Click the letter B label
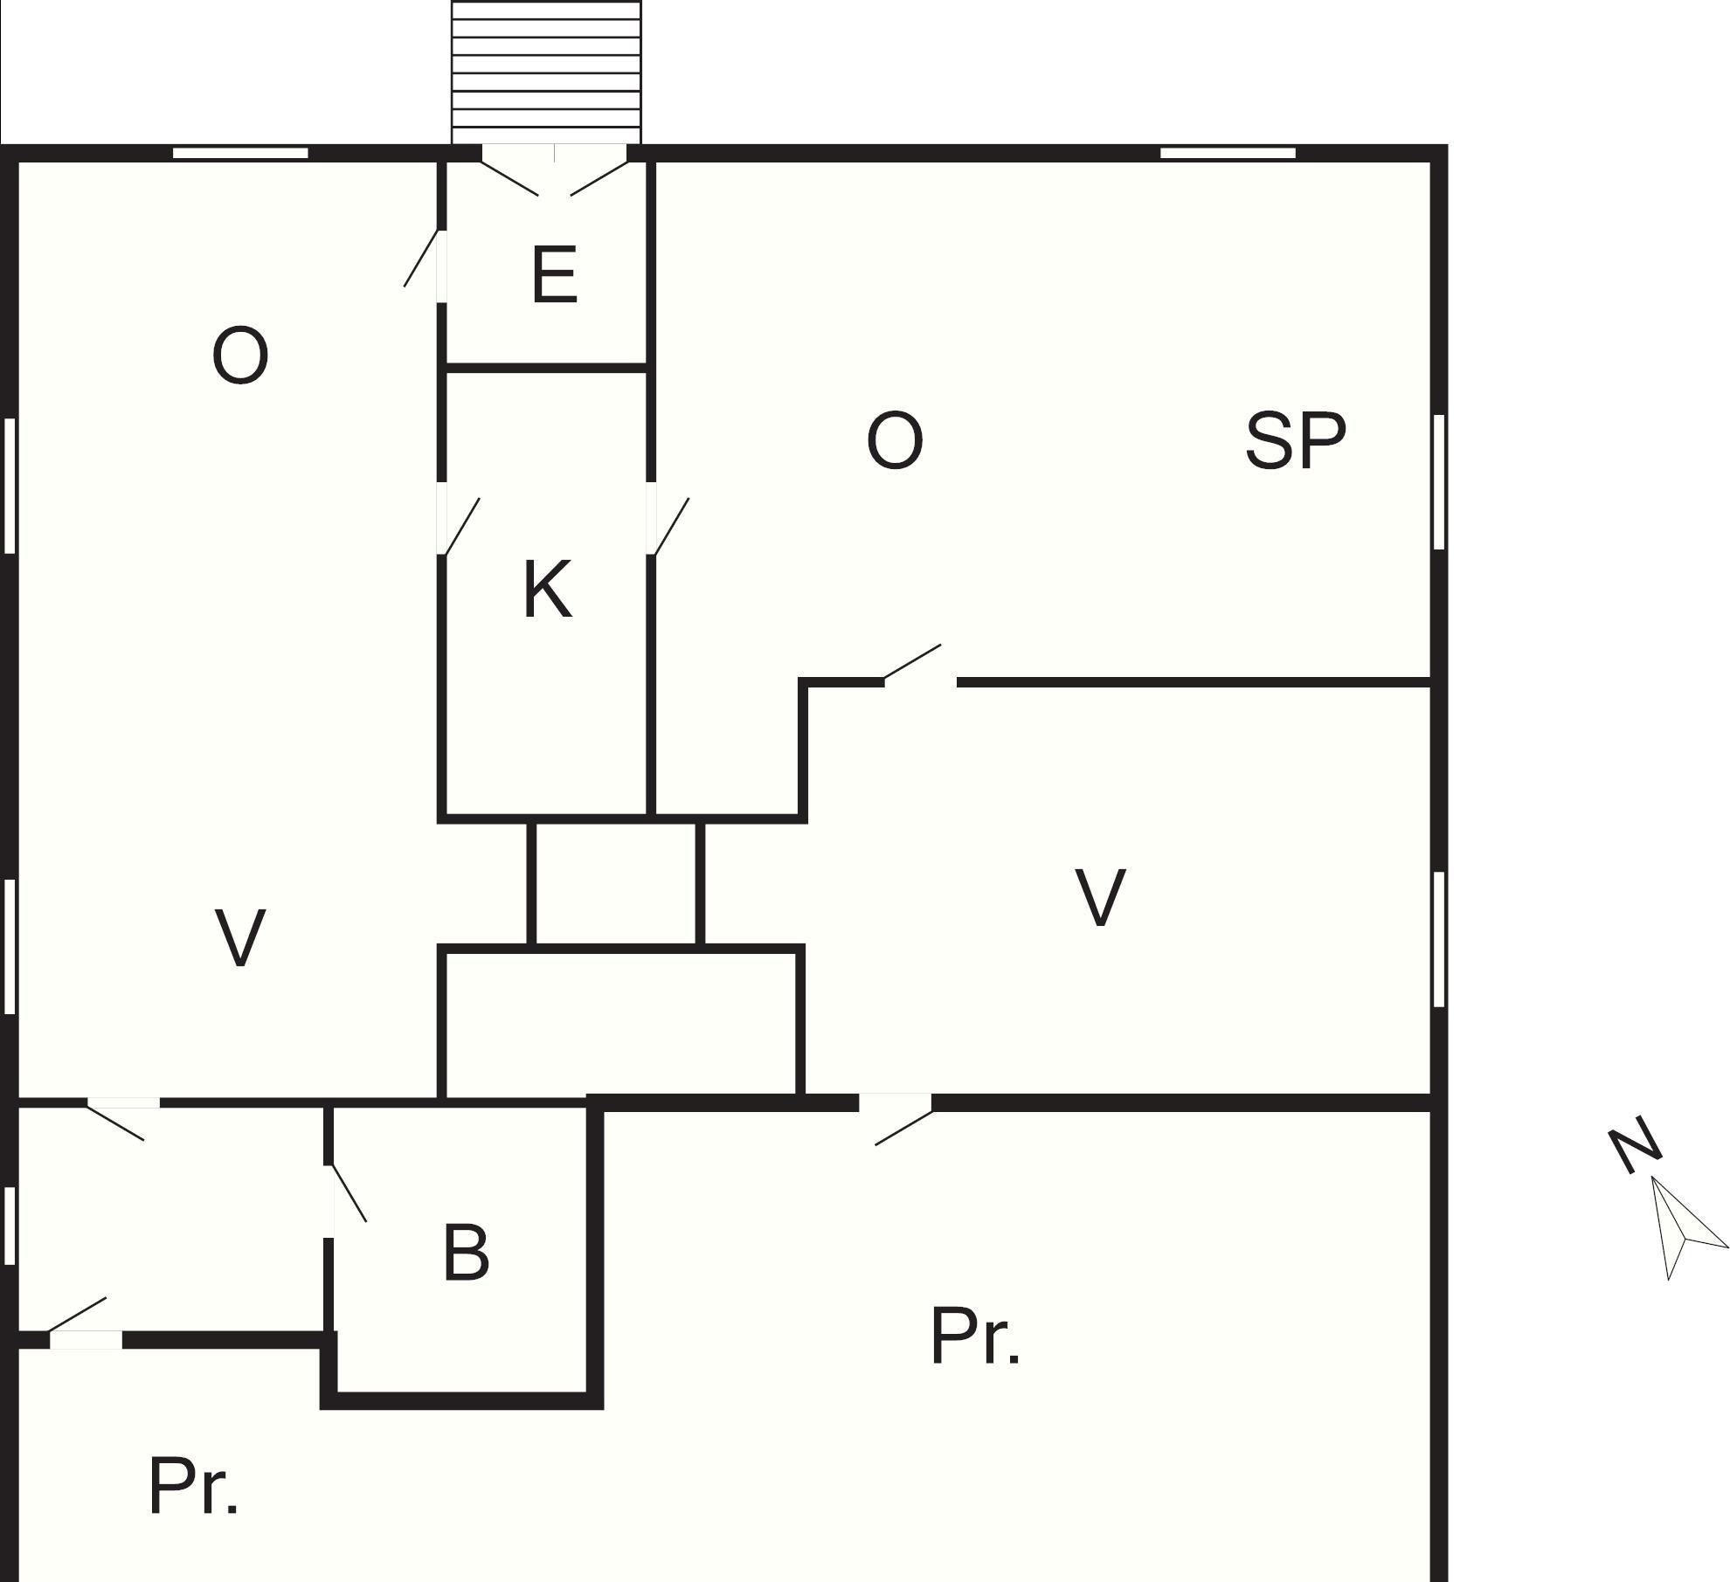pos(466,1253)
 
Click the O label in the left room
pos(239,355)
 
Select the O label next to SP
pos(894,440)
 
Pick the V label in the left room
pos(239,937)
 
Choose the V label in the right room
pos(1099,897)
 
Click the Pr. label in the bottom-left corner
pos(193,1486)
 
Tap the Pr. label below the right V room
pos(974,1337)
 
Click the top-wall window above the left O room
pos(240,154)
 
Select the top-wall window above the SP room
pos(1228,154)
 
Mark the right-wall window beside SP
pos(1438,482)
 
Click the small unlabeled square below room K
pos(615,883)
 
